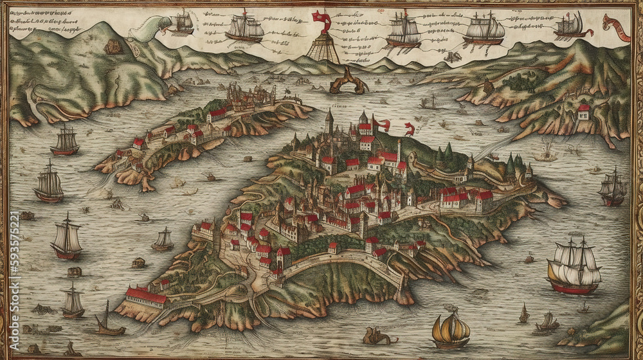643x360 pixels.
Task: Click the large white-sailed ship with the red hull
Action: coord(574,267)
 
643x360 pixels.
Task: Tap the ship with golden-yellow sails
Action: coord(451,330)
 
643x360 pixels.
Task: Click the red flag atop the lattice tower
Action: coord(321,19)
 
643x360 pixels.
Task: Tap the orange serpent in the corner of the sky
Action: coord(615,27)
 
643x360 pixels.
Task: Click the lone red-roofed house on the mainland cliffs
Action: coord(584,112)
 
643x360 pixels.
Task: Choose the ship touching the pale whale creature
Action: coord(183,23)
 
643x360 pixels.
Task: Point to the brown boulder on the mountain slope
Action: coord(113,46)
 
